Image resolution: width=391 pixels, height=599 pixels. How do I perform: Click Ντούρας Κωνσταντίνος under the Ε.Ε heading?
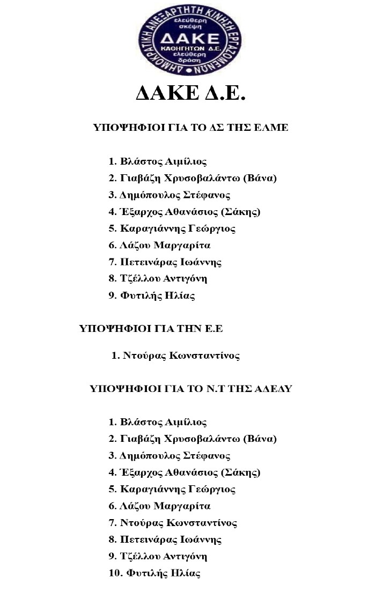[x=181, y=356]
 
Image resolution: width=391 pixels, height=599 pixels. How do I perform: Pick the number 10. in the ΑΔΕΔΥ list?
[x=115, y=573]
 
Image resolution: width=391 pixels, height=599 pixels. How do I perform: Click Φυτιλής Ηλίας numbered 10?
[x=163, y=573]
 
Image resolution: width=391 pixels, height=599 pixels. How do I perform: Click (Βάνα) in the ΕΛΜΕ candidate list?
[x=260, y=178]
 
